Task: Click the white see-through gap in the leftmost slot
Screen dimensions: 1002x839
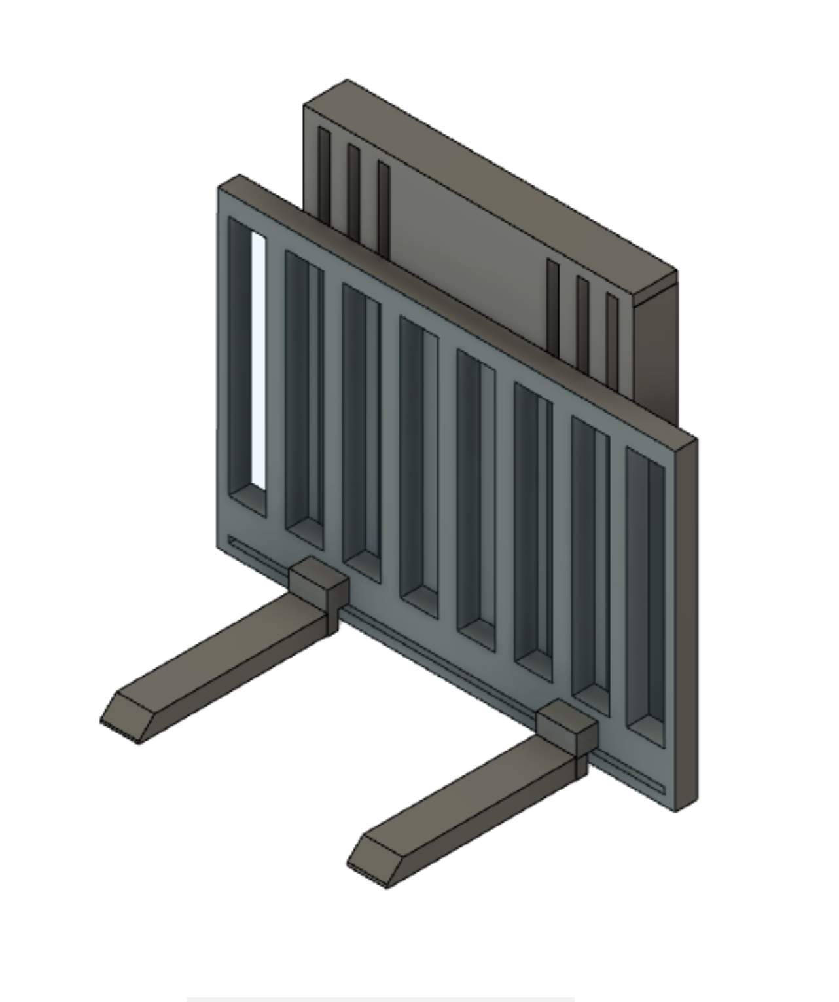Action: click(x=259, y=360)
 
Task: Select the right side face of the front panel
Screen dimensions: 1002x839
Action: click(x=687, y=622)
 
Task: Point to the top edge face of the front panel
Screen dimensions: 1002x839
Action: click(x=458, y=308)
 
